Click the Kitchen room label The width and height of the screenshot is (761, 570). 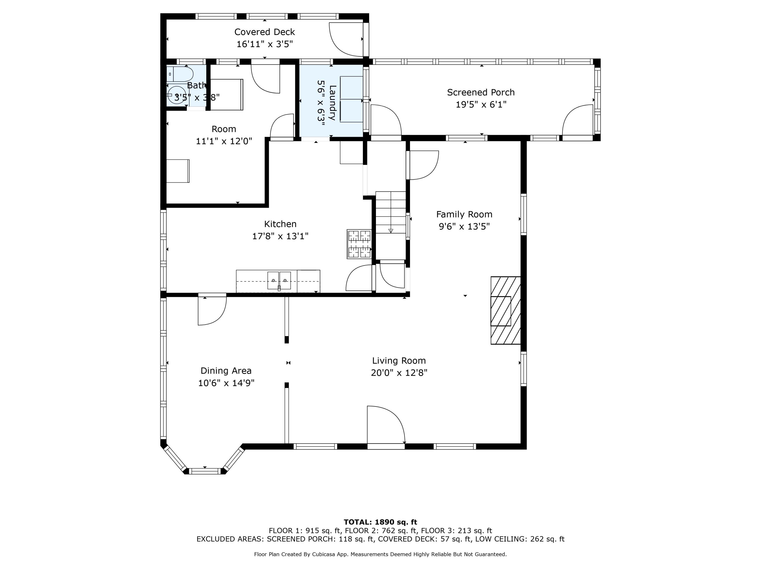pyautogui.click(x=280, y=224)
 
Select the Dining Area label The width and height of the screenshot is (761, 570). pyautogui.click(x=226, y=371)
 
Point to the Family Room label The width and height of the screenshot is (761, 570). pyautogui.click(x=464, y=214)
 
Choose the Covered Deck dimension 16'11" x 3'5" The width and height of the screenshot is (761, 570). pyautogui.click(x=265, y=44)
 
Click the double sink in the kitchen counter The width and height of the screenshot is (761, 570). pyautogui.click(x=279, y=281)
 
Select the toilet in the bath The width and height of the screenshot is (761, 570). pyautogui.click(x=180, y=74)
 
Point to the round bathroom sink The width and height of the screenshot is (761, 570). pyautogui.click(x=177, y=94)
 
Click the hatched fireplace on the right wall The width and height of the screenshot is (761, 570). pyautogui.click(x=505, y=310)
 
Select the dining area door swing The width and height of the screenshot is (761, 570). pyautogui.click(x=212, y=311)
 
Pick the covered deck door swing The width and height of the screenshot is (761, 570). pyautogui.click(x=346, y=40)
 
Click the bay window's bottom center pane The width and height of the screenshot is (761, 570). pyautogui.click(x=205, y=471)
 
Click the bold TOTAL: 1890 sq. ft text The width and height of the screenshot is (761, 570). pyautogui.click(x=380, y=522)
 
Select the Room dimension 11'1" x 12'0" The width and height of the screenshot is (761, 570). pyautogui.click(x=224, y=141)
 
